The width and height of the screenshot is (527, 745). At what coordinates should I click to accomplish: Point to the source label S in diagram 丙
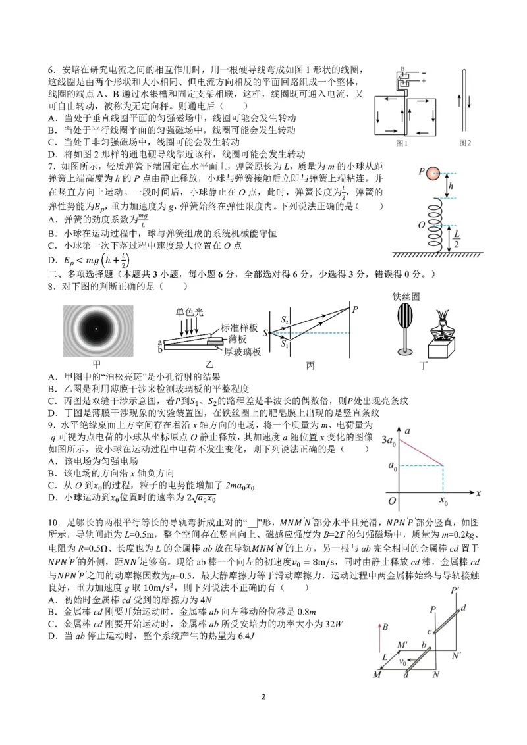(265, 333)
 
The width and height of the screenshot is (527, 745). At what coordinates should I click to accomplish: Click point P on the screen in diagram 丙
(356, 309)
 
